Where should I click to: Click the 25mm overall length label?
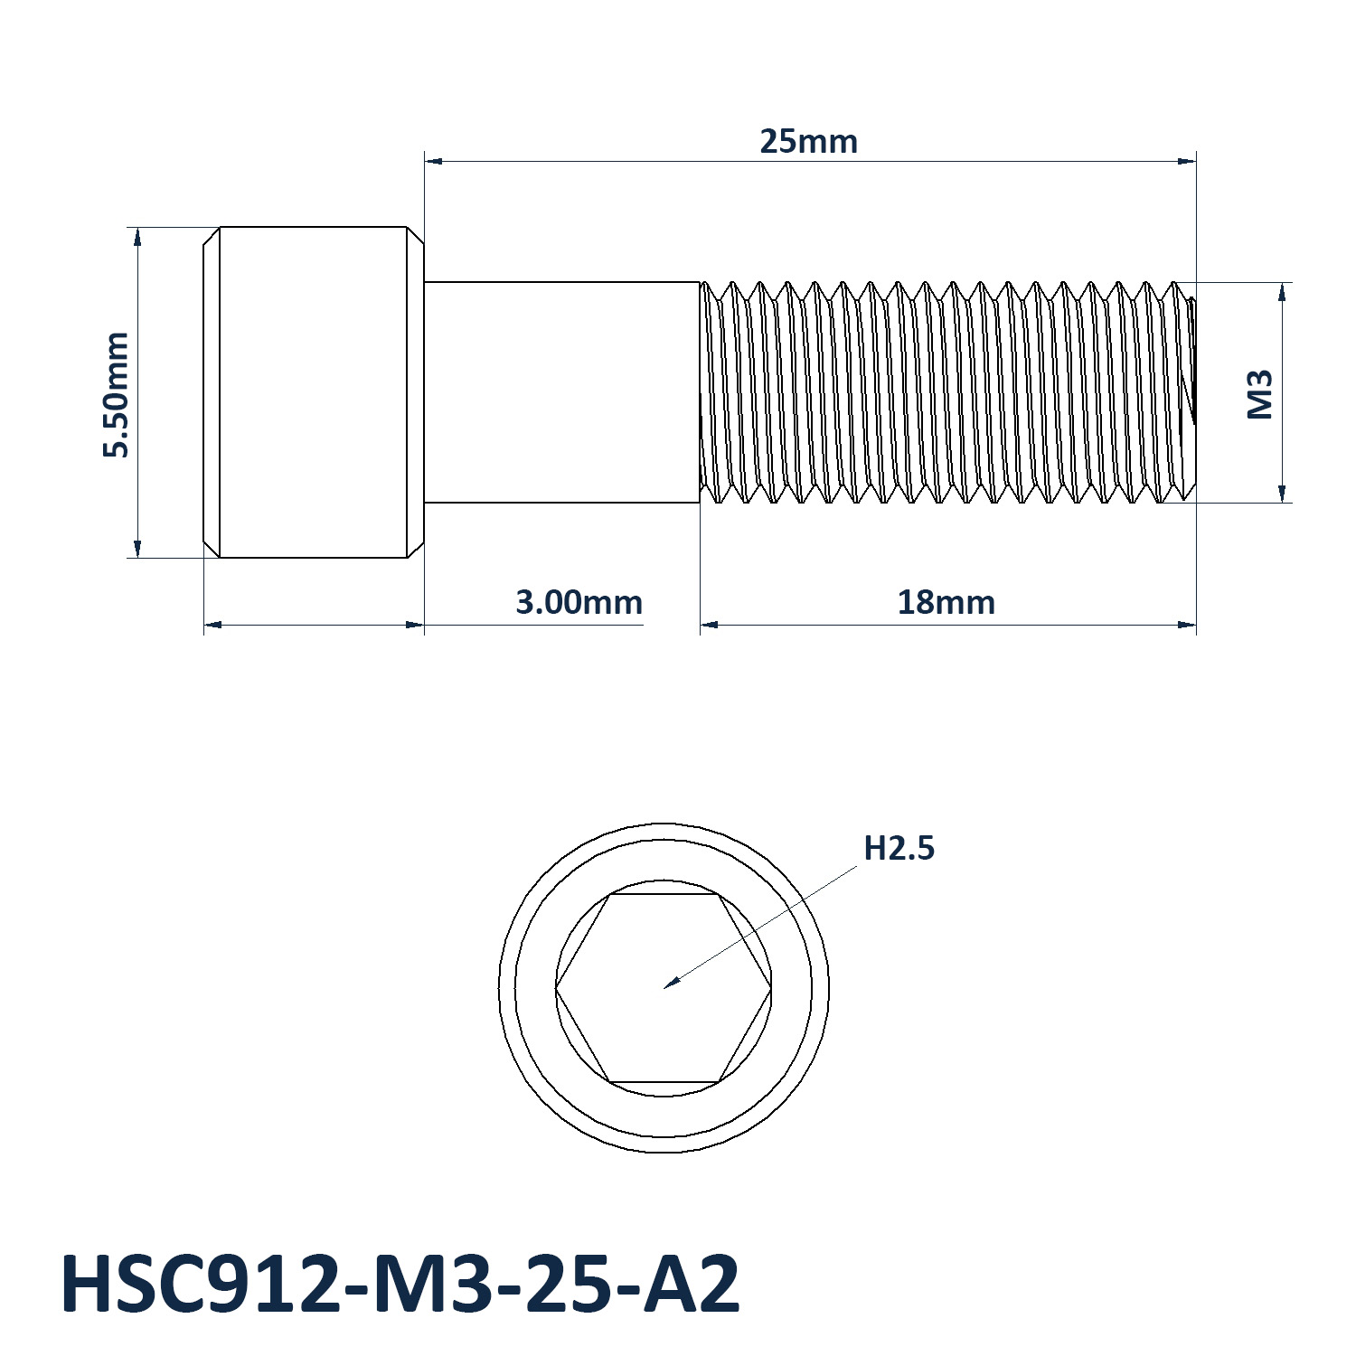click(x=808, y=141)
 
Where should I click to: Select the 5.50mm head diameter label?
click(x=116, y=395)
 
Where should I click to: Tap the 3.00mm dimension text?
click(x=579, y=602)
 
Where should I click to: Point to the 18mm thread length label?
click(x=946, y=602)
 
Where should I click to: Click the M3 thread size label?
click(x=1260, y=393)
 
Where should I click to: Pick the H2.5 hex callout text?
click(x=899, y=848)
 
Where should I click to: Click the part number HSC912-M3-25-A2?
click(x=400, y=1284)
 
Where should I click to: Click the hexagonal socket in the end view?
click(x=664, y=988)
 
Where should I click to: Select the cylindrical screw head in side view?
click(x=313, y=392)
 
